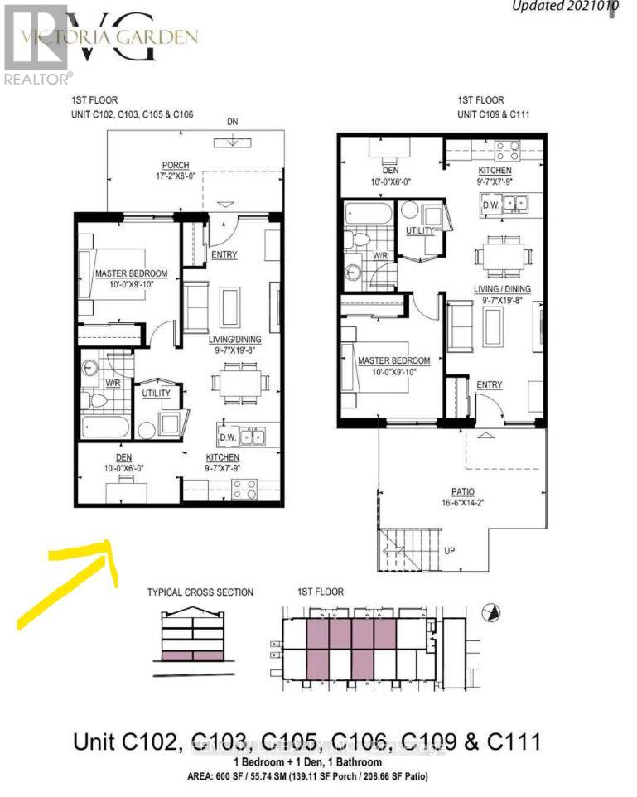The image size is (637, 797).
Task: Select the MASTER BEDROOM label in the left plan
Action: [x=131, y=274]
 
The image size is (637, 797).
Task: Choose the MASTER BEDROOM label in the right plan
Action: [x=393, y=361]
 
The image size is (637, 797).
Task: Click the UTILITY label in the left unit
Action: [x=156, y=393]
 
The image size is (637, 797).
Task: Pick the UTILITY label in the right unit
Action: [x=419, y=229]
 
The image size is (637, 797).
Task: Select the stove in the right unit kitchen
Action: [x=506, y=152]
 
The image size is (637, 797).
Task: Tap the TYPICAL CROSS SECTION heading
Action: [x=200, y=592]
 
